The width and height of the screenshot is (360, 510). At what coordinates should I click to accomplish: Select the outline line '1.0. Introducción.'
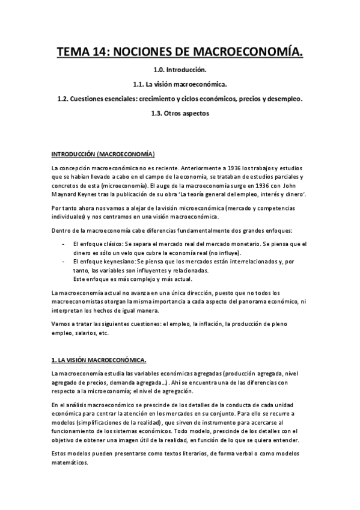tap(180, 71)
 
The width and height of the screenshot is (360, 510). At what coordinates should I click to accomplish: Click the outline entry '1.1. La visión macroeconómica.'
tap(180, 85)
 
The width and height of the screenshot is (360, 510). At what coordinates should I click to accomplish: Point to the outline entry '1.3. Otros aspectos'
tap(180, 113)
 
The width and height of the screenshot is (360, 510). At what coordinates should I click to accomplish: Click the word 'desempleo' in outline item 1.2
tap(282, 99)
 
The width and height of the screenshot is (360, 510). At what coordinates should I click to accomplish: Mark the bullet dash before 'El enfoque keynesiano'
tap(63, 262)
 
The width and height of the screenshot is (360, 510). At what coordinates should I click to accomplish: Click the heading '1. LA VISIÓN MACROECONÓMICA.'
tap(99, 360)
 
